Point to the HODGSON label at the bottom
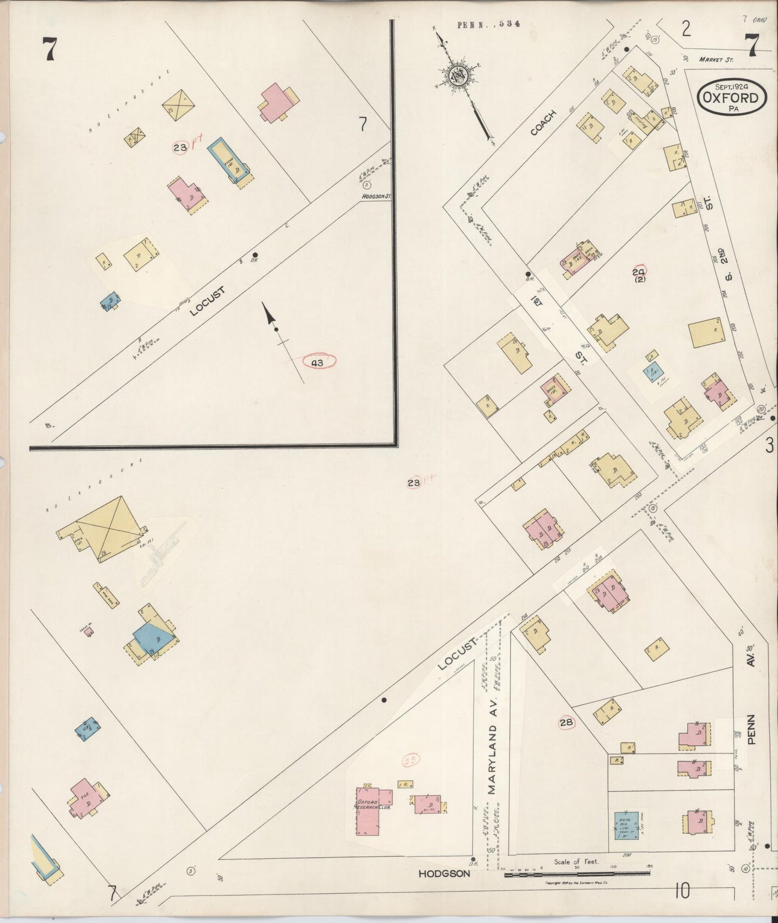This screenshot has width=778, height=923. pos(444,875)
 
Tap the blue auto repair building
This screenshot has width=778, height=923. pos(627,826)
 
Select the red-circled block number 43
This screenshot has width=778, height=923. pos(317,363)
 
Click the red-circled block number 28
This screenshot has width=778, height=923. pos(566,723)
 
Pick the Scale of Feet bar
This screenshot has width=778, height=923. pos(576,873)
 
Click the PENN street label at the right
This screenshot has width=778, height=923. pos(752,729)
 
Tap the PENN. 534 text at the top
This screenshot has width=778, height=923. pos(488,24)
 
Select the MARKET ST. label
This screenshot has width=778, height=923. pos(716,59)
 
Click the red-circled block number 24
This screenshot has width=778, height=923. pos(639,272)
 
